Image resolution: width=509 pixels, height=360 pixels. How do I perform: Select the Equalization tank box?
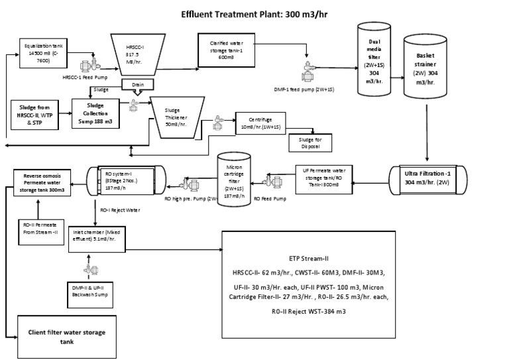point(42,50)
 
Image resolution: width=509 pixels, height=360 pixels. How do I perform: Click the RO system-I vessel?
point(123,178)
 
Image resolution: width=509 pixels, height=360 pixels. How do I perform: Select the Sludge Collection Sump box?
point(97,108)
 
